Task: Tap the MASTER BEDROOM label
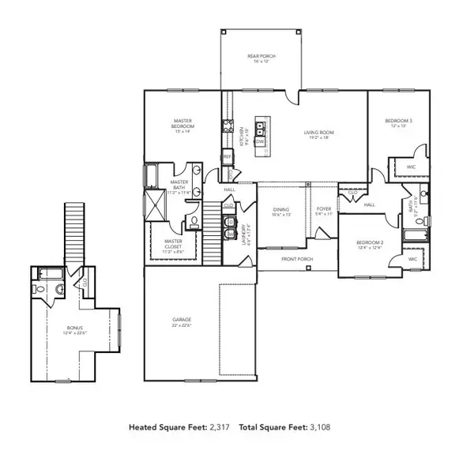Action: (x=183, y=124)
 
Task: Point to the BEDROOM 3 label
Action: (x=399, y=121)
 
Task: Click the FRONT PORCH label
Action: (x=299, y=258)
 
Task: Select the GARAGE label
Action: (x=182, y=321)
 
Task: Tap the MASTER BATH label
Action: (x=179, y=185)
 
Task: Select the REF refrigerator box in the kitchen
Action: (x=228, y=156)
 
